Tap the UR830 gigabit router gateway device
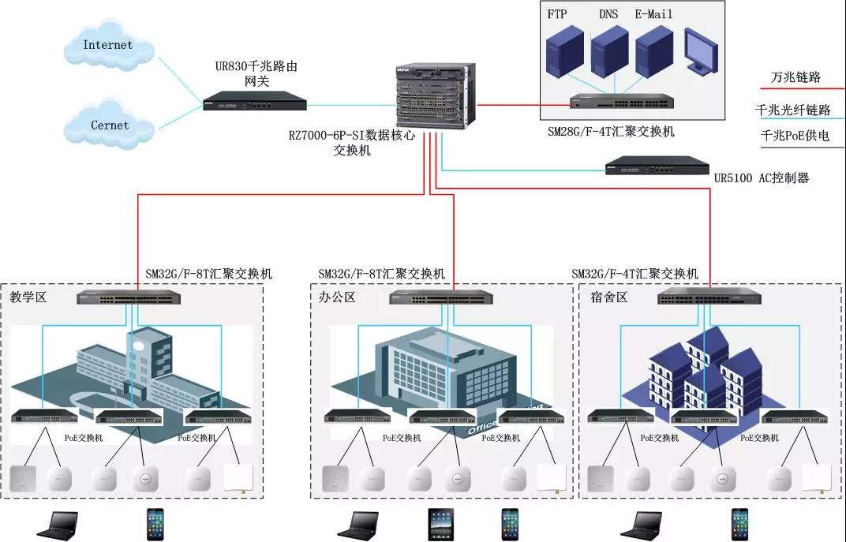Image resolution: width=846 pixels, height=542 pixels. tap(253, 103)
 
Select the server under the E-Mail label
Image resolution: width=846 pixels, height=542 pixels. tap(652, 52)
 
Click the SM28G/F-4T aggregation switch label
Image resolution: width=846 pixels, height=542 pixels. tap(611, 132)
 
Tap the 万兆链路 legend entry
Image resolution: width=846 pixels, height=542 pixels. tap(795, 77)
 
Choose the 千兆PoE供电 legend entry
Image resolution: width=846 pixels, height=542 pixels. tap(795, 136)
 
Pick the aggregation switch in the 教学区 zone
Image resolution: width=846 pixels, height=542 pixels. tap(129, 298)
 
